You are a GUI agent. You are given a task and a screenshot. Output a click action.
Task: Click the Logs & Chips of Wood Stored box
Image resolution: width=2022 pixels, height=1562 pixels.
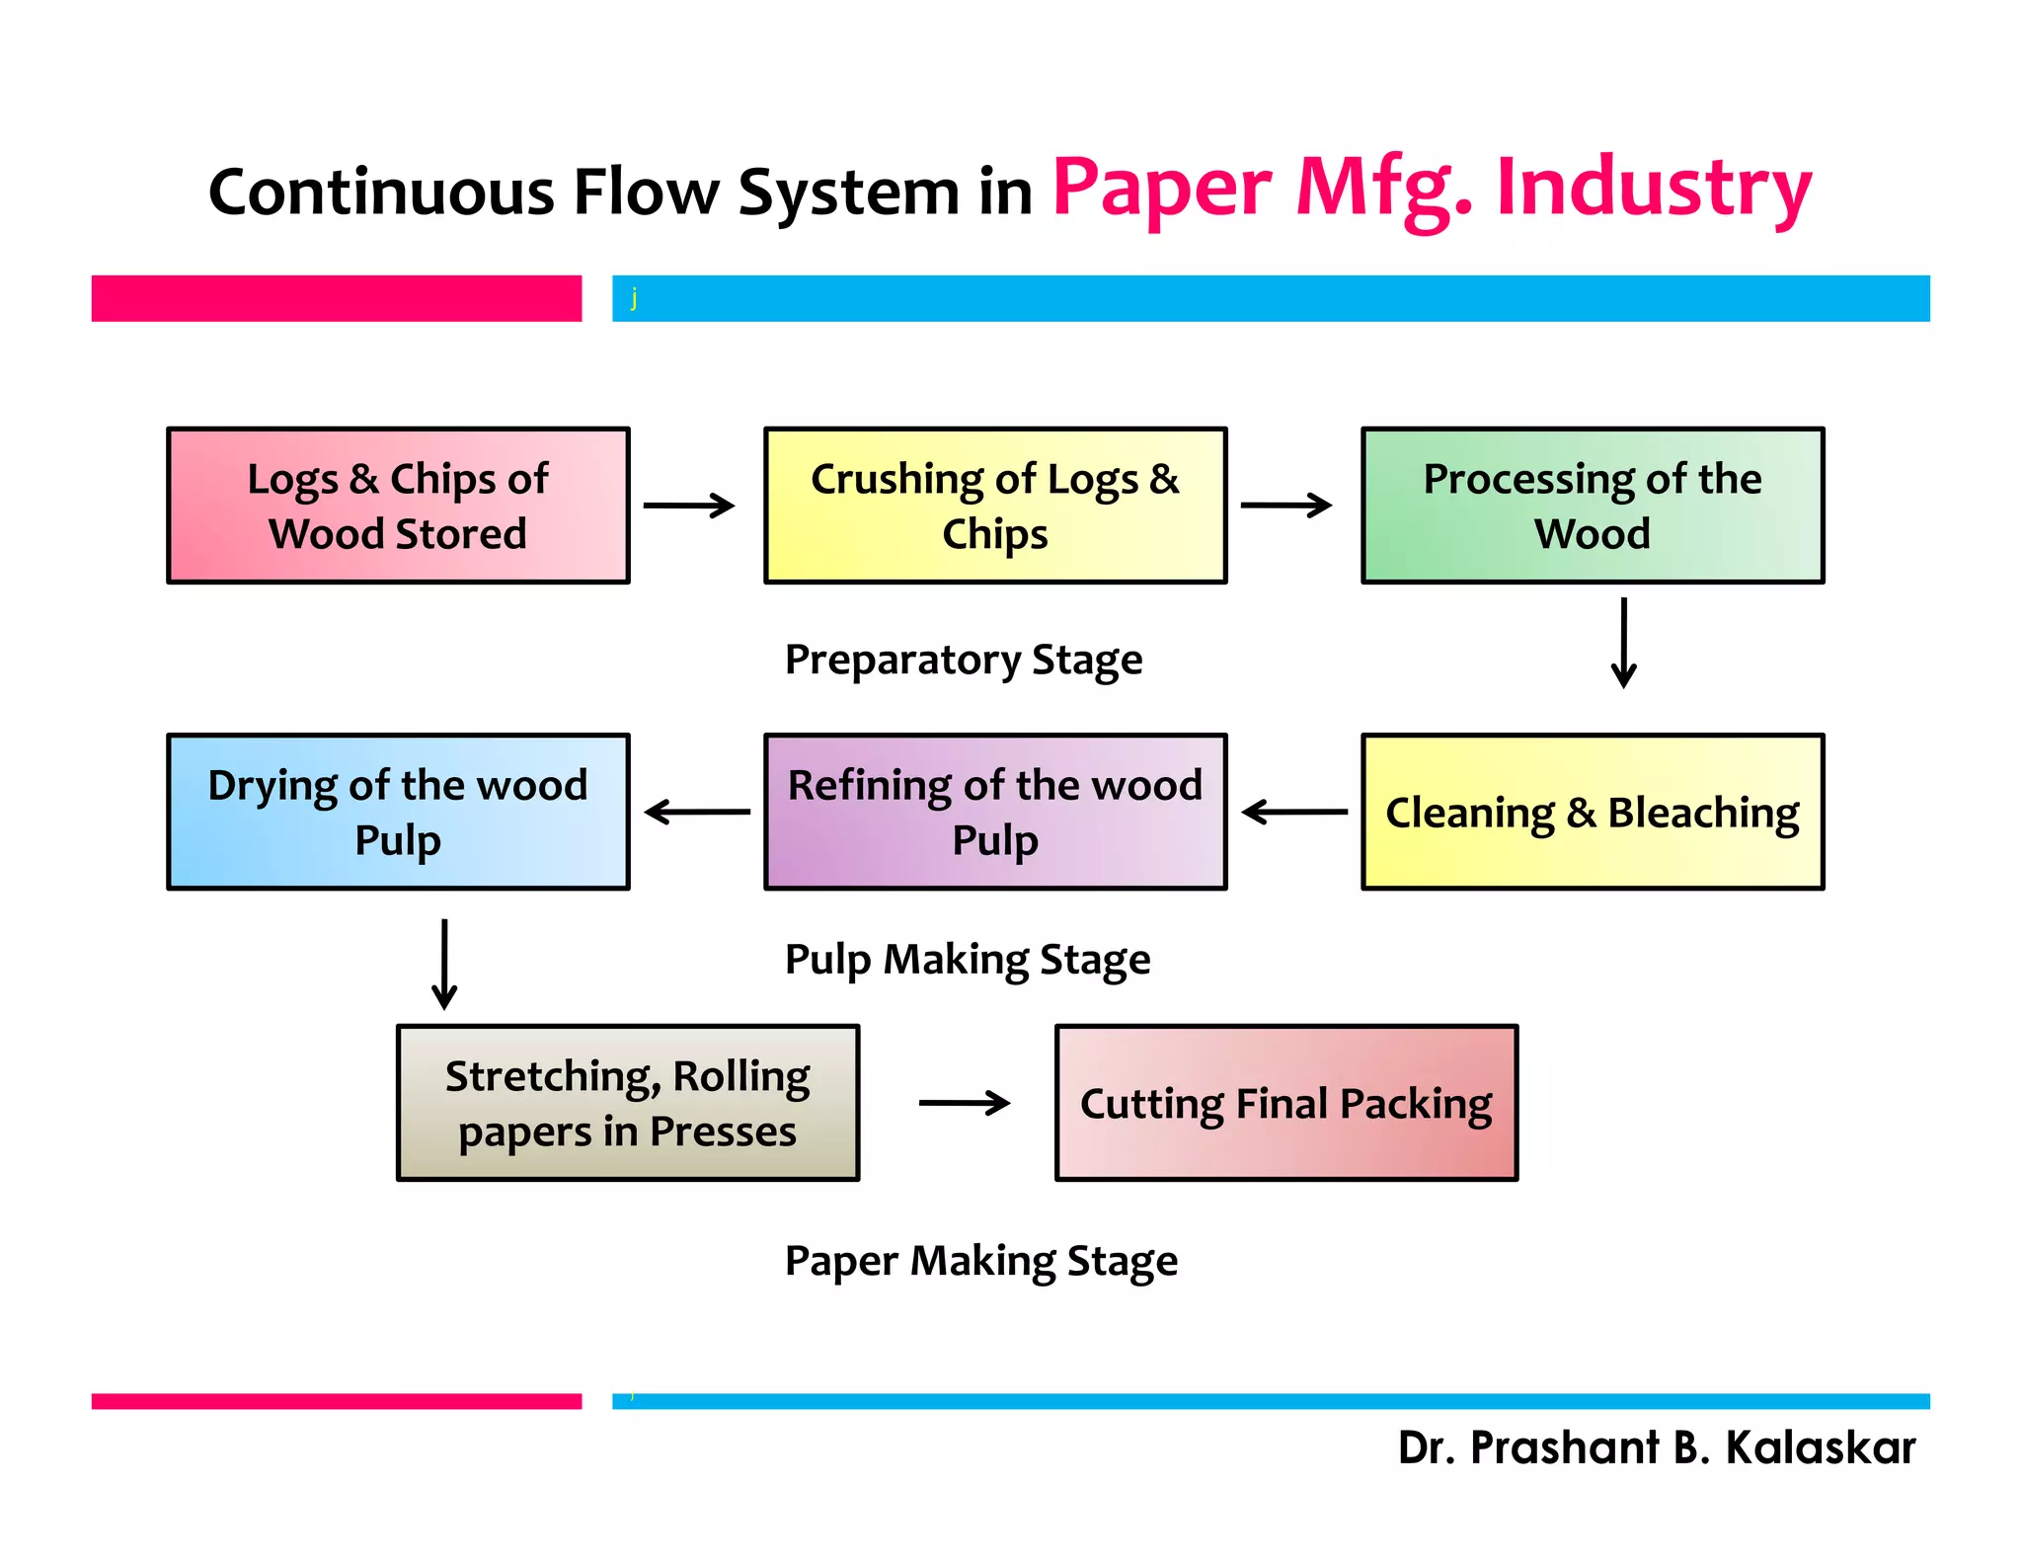pyautogui.click(x=398, y=506)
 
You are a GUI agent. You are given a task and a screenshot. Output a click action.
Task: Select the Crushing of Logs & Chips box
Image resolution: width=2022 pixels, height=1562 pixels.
pyautogui.click(x=995, y=506)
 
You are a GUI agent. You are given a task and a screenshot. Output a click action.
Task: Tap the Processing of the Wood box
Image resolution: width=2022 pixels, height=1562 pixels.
pyautogui.click(x=1593, y=506)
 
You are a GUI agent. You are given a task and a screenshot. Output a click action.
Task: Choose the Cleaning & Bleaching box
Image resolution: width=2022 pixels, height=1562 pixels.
pyautogui.click(x=1593, y=812)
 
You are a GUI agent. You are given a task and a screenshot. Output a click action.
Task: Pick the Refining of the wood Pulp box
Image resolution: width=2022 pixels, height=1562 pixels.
pyautogui.click(x=995, y=812)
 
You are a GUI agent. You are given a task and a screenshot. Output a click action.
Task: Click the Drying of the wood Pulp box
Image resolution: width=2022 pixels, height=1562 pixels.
pyautogui.click(x=398, y=812)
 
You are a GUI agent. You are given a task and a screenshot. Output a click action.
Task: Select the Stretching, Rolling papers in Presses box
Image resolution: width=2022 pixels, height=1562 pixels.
pyautogui.click(x=628, y=1103)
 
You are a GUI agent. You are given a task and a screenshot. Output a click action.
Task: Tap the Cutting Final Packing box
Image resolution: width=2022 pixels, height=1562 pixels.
pyautogui.click(x=1286, y=1103)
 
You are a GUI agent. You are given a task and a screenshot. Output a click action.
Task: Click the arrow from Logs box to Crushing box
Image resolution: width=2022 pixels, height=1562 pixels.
pyautogui.click(x=689, y=506)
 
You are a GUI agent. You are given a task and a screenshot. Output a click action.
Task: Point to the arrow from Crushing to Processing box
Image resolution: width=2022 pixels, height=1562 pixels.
pyautogui.click(x=1286, y=506)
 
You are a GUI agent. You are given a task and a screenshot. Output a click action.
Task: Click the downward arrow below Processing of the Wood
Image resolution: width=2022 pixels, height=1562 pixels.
pyautogui.click(x=1624, y=642)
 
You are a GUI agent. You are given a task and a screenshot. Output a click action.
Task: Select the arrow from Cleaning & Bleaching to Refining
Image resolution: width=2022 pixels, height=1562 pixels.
pyautogui.click(x=1294, y=812)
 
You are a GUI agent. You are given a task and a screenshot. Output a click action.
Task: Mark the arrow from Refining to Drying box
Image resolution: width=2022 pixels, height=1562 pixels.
pyautogui.click(x=697, y=812)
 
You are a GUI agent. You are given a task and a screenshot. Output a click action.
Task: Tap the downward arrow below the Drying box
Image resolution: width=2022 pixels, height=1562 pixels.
pyautogui.click(x=444, y=964)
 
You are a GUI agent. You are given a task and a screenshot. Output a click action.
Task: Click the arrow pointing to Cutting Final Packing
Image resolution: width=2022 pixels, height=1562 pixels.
pyautogui.click(x=964, y=1103)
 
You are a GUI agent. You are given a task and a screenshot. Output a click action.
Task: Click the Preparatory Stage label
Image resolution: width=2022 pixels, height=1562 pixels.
pyautogui.click(x=964, y=660)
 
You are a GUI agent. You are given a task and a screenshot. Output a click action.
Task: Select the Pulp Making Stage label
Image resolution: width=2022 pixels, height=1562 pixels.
pyautogui.click(x=968, y=960)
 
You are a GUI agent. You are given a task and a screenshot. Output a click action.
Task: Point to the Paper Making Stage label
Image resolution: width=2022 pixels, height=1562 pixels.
pyautogui.click(x=981, y=1261)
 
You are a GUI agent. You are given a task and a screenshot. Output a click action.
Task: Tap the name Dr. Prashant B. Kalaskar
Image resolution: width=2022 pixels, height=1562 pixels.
pyautogui.click(x=1657, y=1447)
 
